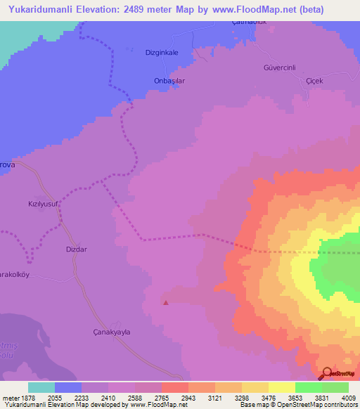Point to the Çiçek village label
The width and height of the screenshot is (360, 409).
[314, 81]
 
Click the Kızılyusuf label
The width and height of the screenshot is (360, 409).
[41, 200]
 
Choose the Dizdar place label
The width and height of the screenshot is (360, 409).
[77, 249]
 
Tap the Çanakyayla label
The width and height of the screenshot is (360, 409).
[112, 332]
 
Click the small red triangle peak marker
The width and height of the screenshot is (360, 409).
[166, 303]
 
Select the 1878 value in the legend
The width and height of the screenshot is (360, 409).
[25, 397]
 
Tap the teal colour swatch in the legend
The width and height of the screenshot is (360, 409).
[41, 387]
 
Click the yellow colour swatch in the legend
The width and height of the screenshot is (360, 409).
[282, 387]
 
